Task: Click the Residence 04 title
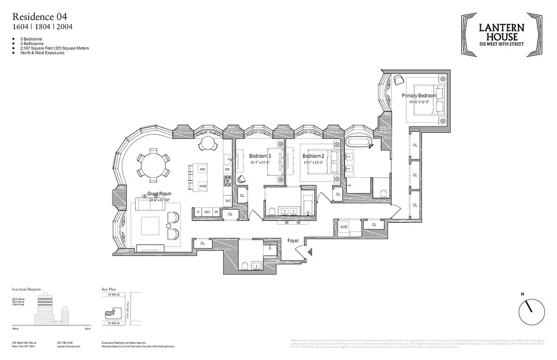(x=40, y=17)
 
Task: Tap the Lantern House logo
(x=501, y=35)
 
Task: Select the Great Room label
(x=159, y=194)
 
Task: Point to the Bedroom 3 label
(x=259, y=156)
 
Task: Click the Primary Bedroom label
(x=419, y=96)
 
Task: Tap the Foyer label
(x=293, y=241)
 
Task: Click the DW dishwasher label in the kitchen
(x=227, y=169)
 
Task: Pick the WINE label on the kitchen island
(x=203, y=185)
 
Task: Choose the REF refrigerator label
(x=207, y=212)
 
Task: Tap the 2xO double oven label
(x=228, y=201)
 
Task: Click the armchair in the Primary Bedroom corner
(x=398, y=80)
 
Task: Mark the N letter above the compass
(x=522, y=294)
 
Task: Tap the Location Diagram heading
(x=27, y=290)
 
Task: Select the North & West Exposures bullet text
(x=42, y=53)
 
